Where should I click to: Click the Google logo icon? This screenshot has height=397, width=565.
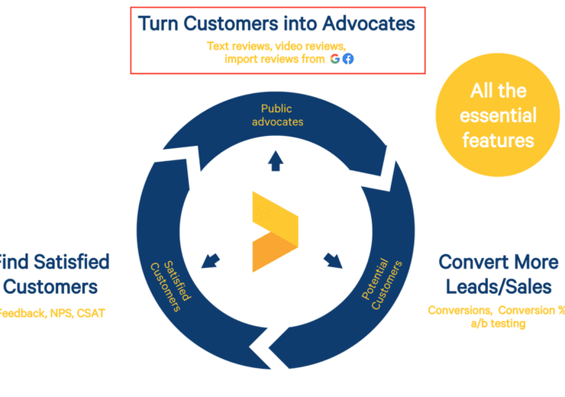335,59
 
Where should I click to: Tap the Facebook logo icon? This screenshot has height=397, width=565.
348,59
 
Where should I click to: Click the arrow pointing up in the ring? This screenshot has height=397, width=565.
276,160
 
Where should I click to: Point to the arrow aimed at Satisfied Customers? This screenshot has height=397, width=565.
209,260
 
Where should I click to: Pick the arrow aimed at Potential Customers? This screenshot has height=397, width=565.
333,260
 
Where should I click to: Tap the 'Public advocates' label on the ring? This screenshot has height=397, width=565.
276,115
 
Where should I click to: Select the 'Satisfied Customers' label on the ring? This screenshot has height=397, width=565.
169,276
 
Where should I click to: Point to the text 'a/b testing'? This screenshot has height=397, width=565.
498,324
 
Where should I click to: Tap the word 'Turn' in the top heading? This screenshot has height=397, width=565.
157,24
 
